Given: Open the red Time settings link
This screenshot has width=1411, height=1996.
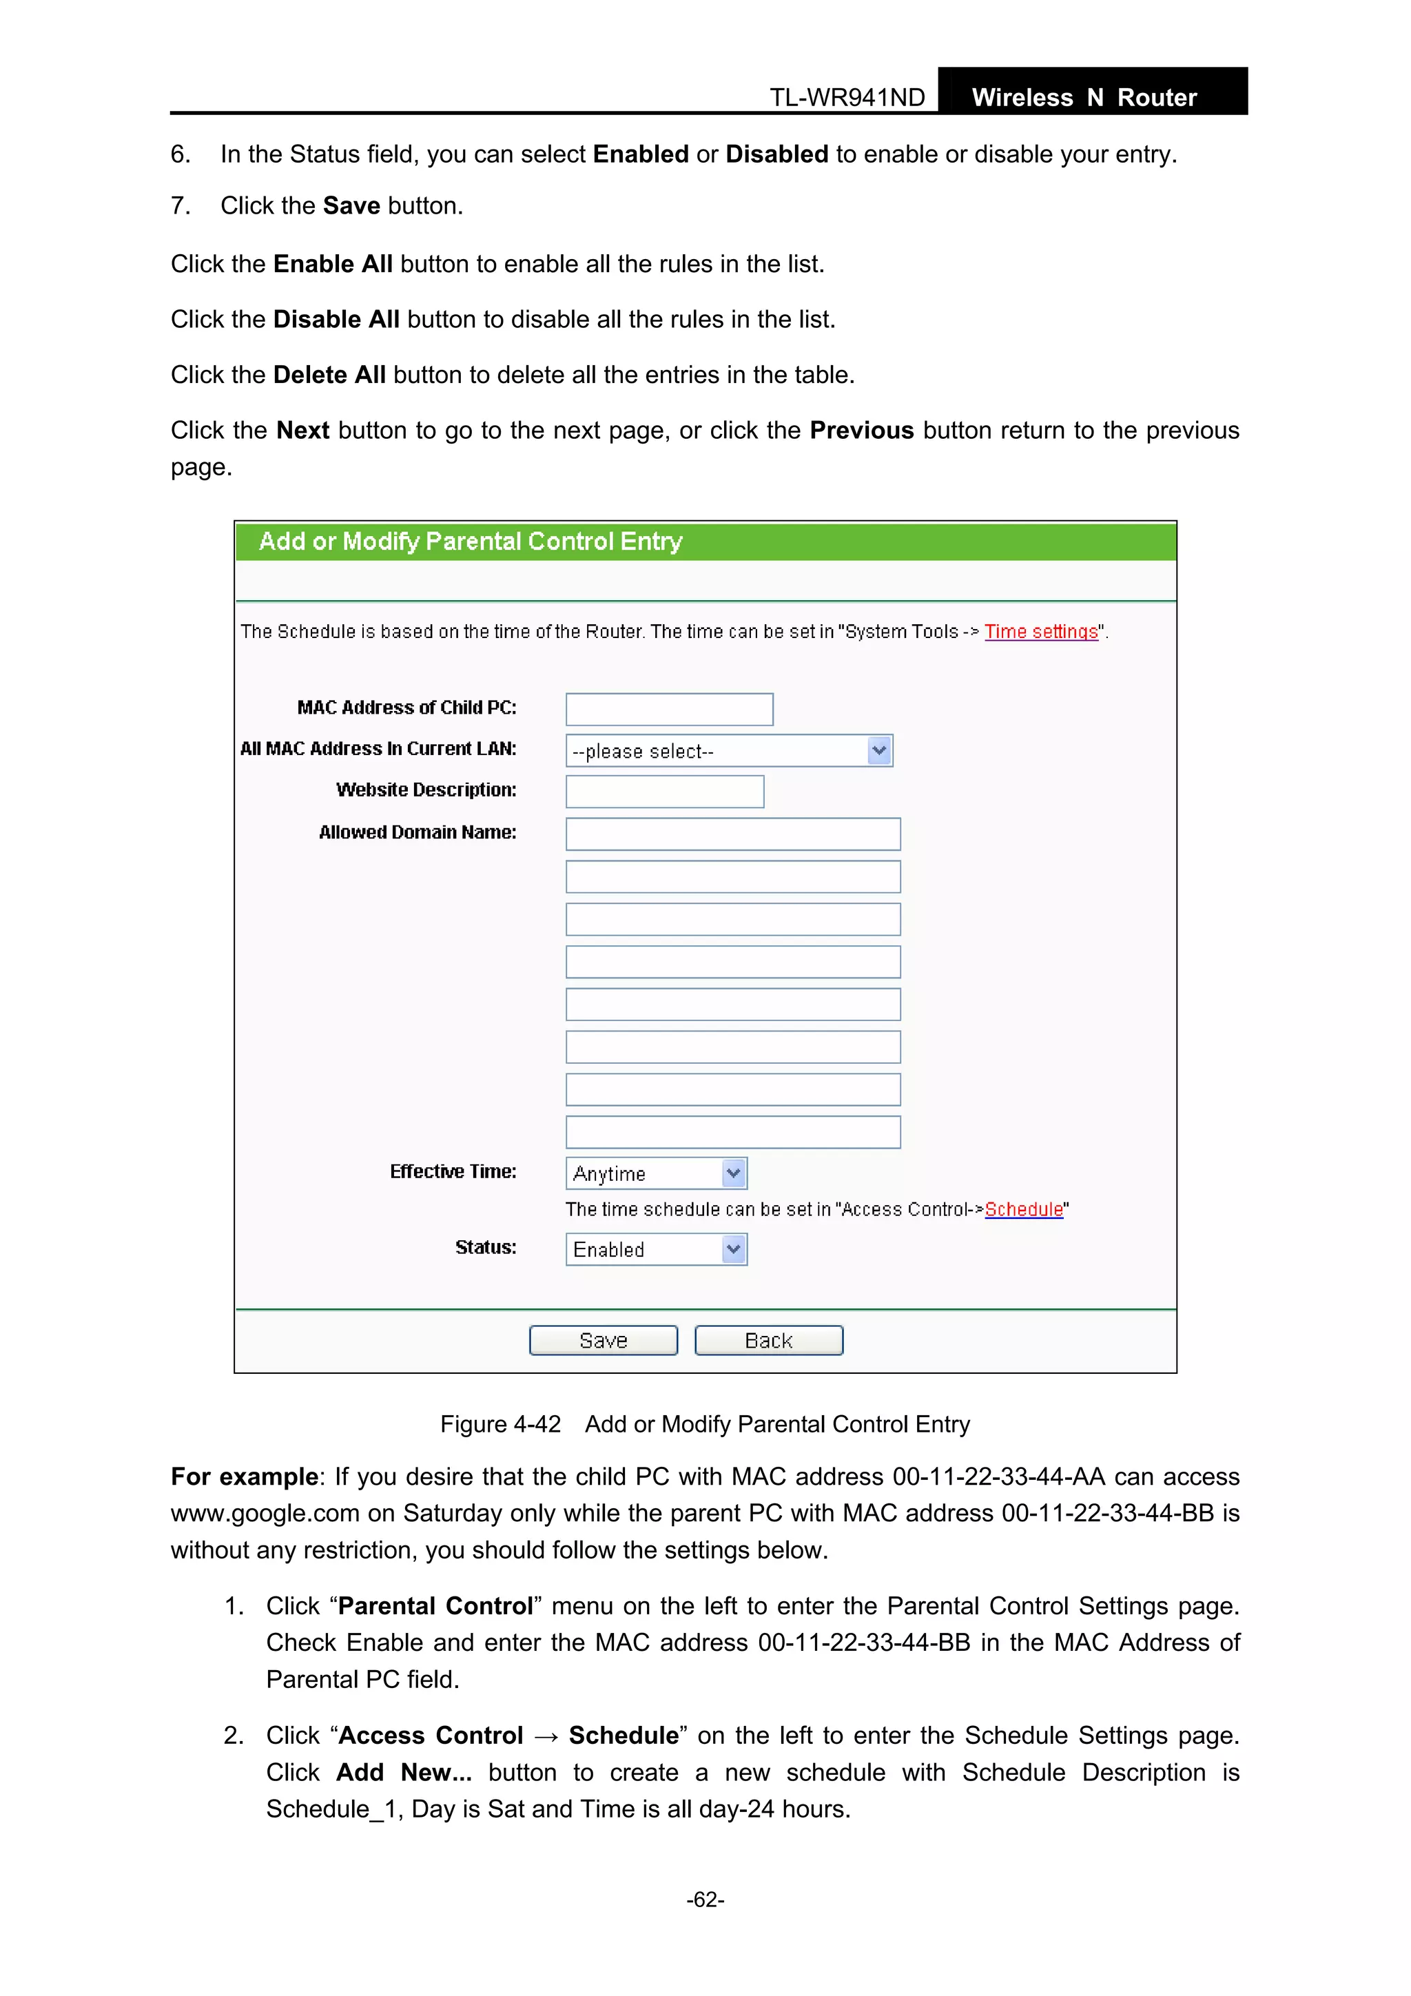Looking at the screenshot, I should (x=1040, y=632).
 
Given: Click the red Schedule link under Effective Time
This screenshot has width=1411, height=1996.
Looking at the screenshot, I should (x=1023, y=1209).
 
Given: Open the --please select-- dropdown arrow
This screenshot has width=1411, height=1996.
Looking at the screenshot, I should (x=879, y=750).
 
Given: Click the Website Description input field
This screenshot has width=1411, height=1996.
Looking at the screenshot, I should (x=664, y=792).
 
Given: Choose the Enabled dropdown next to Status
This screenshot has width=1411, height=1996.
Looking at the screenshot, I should (x=655, y=1249).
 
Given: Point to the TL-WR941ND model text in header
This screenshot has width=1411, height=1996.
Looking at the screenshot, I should (x=847, y=97).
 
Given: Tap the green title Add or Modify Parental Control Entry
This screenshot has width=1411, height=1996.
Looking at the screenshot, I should (x=471, y=542).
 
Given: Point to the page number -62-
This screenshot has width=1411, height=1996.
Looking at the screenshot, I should (x=705, y=1900).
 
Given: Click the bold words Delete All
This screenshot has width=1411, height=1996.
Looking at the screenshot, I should (x=329, y=375).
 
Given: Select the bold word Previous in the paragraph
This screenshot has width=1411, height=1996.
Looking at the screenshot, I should (x=861, y=431).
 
